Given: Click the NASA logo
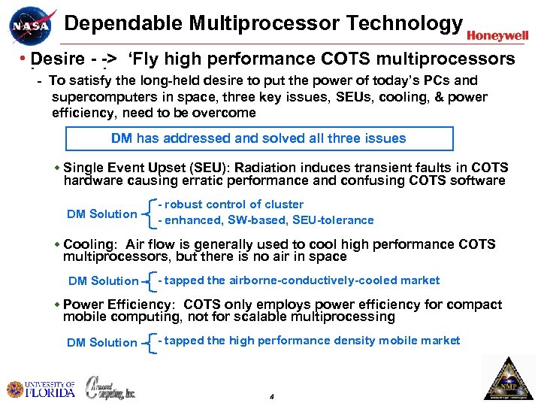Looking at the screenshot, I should pos(32,27).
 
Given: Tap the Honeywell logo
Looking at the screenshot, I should pos(497,35).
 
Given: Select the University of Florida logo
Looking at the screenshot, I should pos(41,389).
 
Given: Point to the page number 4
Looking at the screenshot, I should pos(270,396).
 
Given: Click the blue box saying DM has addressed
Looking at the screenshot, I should pos(259,138).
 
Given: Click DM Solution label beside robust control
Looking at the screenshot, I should pos(102,214).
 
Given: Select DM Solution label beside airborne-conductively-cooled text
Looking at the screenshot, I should pos(104,281).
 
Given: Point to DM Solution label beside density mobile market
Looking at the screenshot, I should pos(102,343).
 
